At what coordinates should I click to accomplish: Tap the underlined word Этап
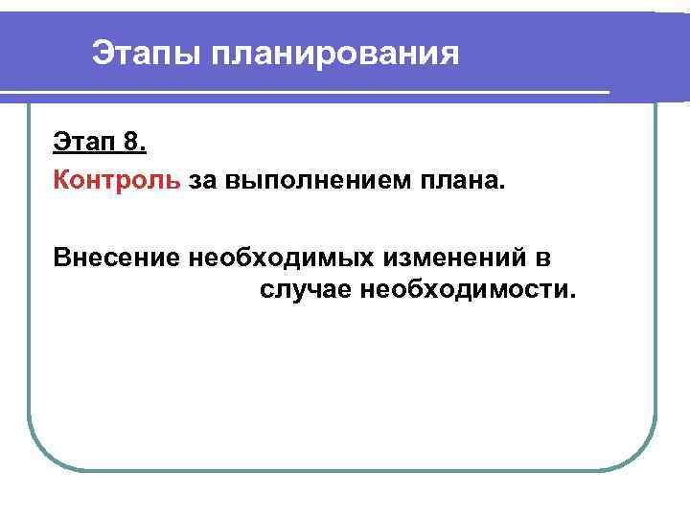click(x=81, y=144)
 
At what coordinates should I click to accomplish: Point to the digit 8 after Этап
click(x=131, y=144)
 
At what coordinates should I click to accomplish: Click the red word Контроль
click(x=116, y=180)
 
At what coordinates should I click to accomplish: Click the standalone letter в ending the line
click(x=556, y=257)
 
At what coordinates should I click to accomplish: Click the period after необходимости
click(x=574, y=295)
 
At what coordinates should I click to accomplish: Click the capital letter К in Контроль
click(x=61, y=180)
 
